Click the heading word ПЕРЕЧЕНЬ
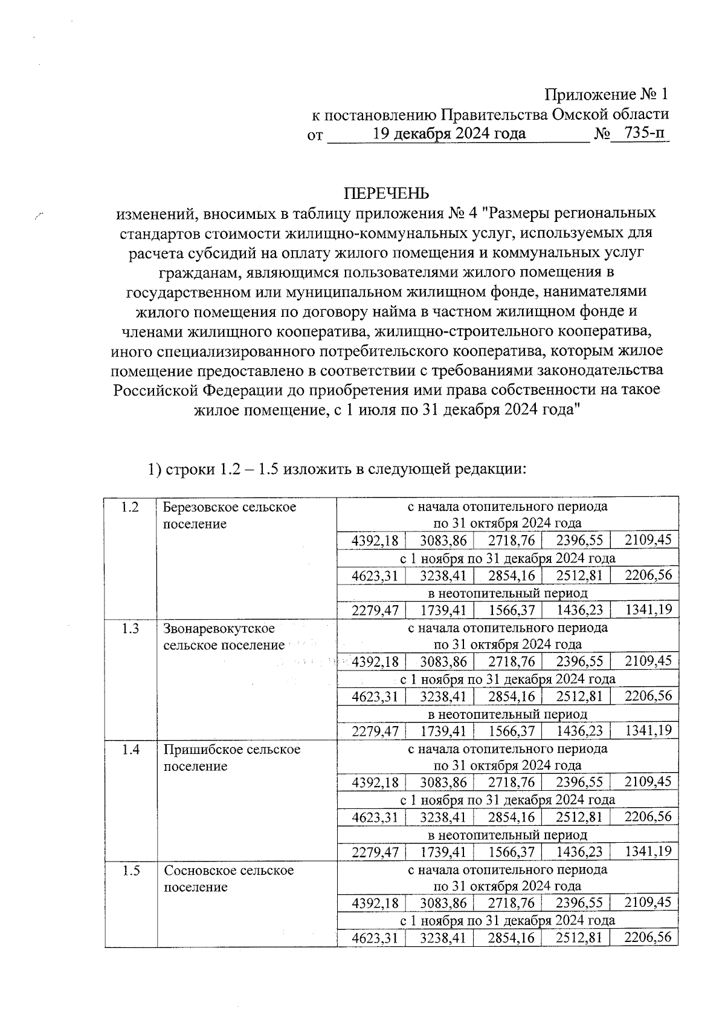click(387, 193)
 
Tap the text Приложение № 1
click(607, 95)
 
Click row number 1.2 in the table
click(130, 507)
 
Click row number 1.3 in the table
click(130, 629)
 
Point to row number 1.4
click(130, 750)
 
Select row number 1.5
click(130, 871)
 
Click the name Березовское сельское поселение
click(230, 515)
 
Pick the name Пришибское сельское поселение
click(232, 758)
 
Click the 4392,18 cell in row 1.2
click(375, 541)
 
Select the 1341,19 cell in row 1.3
click(648, 730)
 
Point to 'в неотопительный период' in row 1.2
click(507, 593)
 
